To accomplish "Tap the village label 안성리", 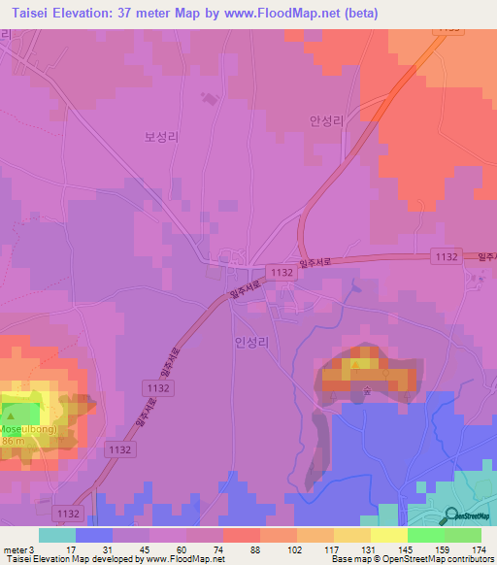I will pyautogui.click(x=327, y=121).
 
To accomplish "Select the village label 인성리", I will pyautogui.click(x=250, y=342).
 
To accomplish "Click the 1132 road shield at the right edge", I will pyautogui.click(x=444, y=254).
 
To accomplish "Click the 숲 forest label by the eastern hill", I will pyautogui.click(x=368, y=392).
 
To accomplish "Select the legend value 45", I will pyautogui.click(x=130, y=548).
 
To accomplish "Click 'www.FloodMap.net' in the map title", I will pyautogui.click(x=288, y=13).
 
